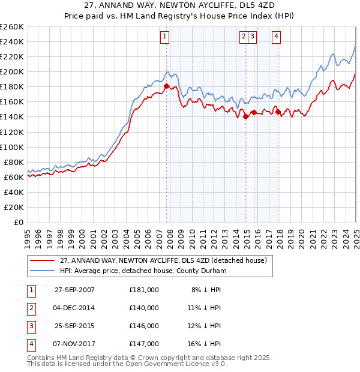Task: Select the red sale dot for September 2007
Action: click(166, 86)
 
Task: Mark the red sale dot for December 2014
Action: click(246, 117)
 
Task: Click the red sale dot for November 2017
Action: click(278, 112)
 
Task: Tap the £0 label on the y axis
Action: click(18, 222)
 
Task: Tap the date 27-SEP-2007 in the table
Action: click(74, 289)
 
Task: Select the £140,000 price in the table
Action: click(144, 307)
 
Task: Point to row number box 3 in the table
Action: click(30, 326)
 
